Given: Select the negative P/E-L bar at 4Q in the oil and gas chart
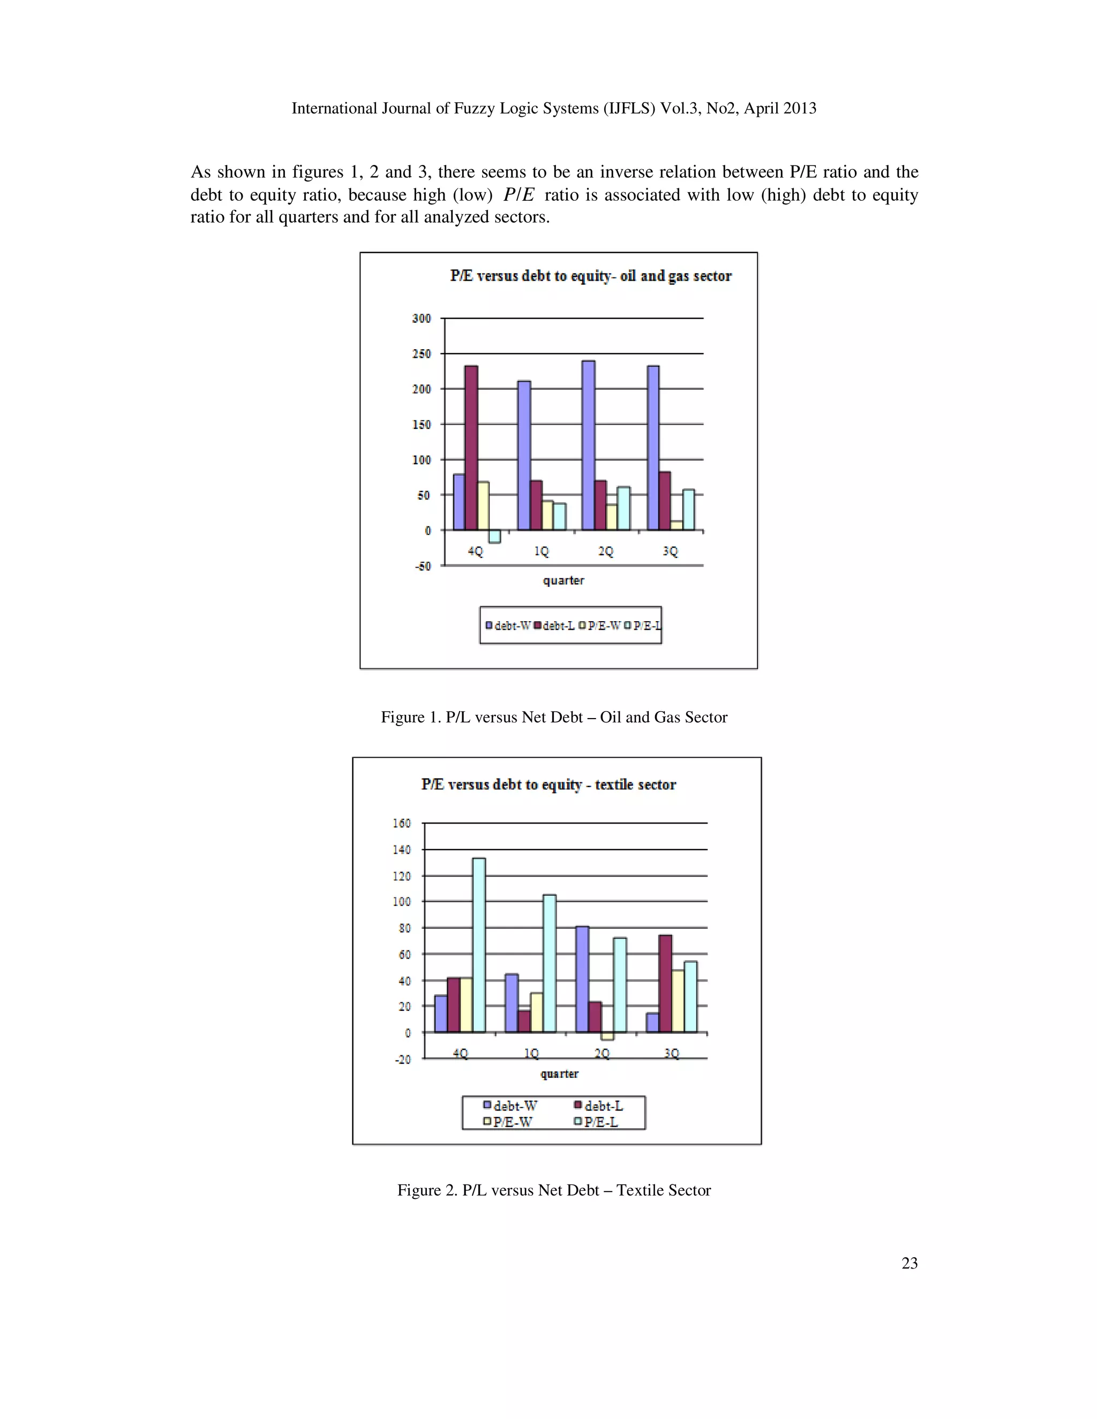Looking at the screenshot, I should point(494,536).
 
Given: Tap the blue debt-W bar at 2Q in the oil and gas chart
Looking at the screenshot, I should point(588,445).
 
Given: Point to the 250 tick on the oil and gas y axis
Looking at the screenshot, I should point(421,354).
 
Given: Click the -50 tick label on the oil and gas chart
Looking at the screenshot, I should point(423,567).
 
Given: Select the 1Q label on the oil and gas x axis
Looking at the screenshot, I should point(542,552).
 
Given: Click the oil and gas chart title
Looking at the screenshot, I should point(591,276).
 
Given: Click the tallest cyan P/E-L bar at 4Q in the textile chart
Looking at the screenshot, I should point(479,945).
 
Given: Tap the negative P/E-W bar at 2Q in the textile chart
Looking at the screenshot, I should point(607,1036).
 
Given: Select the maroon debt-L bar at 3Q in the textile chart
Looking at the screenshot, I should point(665,983).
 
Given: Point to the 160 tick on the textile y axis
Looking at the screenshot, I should point(402,823).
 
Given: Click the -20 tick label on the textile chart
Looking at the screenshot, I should point(403,1060).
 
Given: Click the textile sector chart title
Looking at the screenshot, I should point(548,785).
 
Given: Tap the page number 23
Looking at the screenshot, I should point(909,1263).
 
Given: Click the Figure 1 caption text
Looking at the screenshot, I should point(554,718).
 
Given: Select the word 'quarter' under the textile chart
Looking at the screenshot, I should point(559,1074).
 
